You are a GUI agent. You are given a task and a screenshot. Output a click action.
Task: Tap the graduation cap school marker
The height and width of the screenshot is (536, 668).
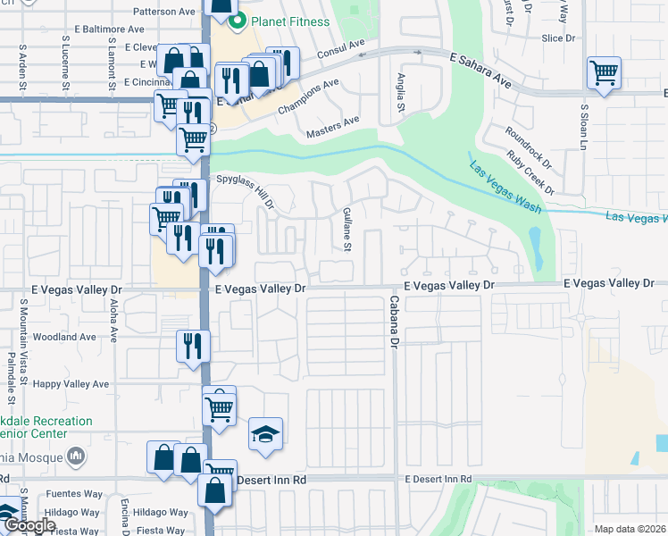[265, 435]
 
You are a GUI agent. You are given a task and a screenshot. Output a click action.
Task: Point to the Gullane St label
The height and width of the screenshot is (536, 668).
[347, 230]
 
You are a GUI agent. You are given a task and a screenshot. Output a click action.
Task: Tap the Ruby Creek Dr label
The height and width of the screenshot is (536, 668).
[530, 173]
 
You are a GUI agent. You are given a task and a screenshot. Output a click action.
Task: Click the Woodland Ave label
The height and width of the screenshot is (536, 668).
[63, 338]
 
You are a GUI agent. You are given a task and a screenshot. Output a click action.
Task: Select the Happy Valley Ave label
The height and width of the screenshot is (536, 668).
[71, 384]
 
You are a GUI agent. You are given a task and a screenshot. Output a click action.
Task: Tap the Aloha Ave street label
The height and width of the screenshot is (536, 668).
[114, 321]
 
